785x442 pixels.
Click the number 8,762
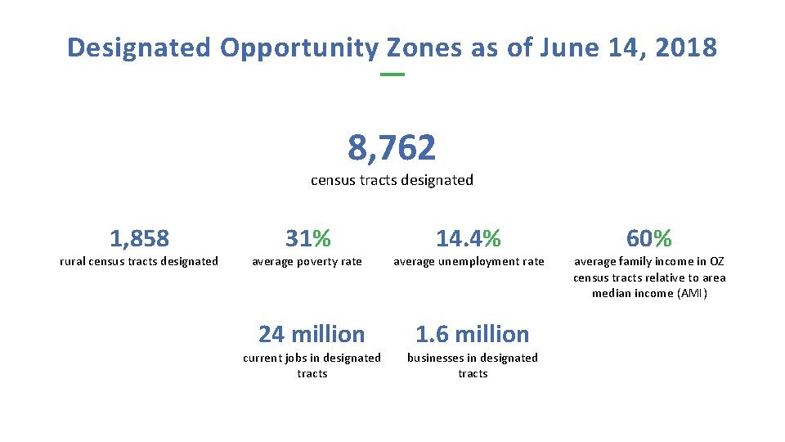pos(392,148)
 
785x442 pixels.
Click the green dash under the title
pos(392,75)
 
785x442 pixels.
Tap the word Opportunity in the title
pos(299,47)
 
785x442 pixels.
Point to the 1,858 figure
pos(139,238)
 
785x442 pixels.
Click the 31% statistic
pos(308,238)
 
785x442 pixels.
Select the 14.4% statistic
pos(469,238)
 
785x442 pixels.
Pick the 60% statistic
pos(649,238)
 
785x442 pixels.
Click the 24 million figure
pos(312,334)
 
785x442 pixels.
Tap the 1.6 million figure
pos(473,334)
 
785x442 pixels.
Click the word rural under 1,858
pos(73,261)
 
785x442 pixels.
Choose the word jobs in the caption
pos(294,358)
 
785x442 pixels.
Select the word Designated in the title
pos(139,47)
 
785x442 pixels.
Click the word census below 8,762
pos(332,180)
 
